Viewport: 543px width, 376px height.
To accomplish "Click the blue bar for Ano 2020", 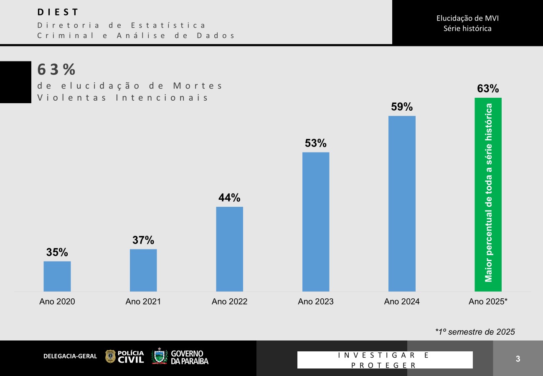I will (57, 276).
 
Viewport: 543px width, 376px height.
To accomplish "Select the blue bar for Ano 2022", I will (229, 249).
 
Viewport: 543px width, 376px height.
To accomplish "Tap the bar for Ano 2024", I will (402, 203).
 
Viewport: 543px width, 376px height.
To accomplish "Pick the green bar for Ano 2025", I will (488, 195).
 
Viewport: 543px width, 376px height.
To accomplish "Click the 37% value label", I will (143, 240).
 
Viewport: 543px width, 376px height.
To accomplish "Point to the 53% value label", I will (315, 143).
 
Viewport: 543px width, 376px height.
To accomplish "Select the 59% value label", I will (402, 107).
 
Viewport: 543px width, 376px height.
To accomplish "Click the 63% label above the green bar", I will (488, 89).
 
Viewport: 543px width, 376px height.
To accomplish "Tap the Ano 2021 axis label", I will (143, 302).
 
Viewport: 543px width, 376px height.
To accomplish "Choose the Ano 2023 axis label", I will (315, 302).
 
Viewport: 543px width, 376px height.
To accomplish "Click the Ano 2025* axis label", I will (488, 302).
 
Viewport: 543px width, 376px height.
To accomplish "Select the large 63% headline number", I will (56, 69).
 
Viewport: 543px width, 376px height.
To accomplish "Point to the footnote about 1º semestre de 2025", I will (475, 332).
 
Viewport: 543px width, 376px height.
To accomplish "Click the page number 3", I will (518, 358).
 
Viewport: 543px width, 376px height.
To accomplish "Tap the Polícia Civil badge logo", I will (110, 356).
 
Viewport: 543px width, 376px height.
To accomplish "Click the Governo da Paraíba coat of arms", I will (159, 356).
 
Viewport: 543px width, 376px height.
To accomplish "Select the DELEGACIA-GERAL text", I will (70, 356).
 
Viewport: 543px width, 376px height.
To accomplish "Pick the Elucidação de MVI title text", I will (467, 18).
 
